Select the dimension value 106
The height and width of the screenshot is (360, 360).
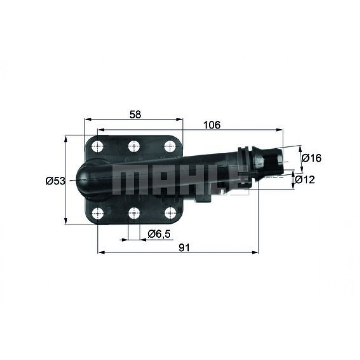[x=212, y=125]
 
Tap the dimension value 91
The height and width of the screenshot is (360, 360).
[x=184, y=247]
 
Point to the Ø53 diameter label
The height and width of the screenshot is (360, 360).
[x=55, y=181]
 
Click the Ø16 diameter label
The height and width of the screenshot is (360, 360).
[x=311, y=158]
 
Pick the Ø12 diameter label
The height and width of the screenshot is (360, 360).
[x=305, y=179]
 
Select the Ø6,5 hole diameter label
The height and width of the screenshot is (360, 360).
[x=159, y=234]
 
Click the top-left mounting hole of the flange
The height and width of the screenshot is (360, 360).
[x=98, y=146]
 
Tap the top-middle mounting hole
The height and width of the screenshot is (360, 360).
[x=134, y=146]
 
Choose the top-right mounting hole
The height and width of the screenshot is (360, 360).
[x=170, y=146]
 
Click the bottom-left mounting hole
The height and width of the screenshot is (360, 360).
[x=98, y=213]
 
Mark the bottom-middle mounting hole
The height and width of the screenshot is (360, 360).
[x=134, y=213]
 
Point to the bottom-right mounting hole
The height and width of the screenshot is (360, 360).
[x=170, y=213]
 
